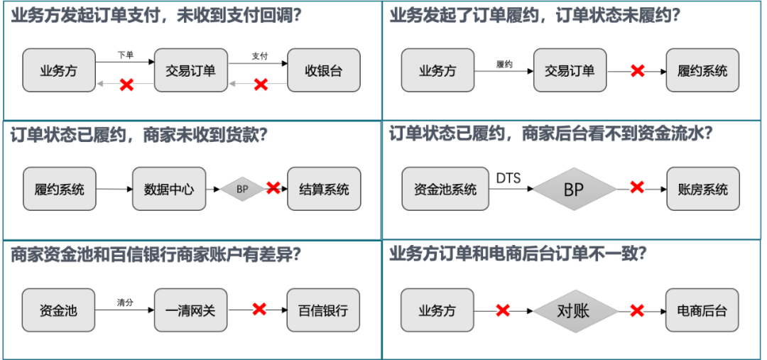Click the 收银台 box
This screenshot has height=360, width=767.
coord(324,70)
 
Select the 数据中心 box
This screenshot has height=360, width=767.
coord(169,189)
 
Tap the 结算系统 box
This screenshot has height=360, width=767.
coord(324,189)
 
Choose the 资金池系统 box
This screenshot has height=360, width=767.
coord(445,189)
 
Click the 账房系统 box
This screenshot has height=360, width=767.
coord(702,189)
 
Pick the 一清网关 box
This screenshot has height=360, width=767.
coord(190,310)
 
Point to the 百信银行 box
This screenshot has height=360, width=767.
coord(324,310)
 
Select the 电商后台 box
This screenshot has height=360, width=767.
coord(702,310)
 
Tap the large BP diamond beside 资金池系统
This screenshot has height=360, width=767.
coord(574,189)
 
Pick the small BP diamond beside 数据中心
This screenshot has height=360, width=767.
coord(242,189)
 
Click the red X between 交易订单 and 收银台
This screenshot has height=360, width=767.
coord(261,84)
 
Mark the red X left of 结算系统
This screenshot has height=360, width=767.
coord(273,187)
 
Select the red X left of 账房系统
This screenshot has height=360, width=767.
coord(638,187)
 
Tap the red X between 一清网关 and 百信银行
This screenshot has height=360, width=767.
coord(259,309)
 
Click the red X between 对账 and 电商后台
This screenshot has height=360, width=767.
coord(638,310)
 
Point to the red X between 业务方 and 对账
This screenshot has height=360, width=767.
coord(504,310)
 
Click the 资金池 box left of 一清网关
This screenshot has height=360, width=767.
coord(58,310)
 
